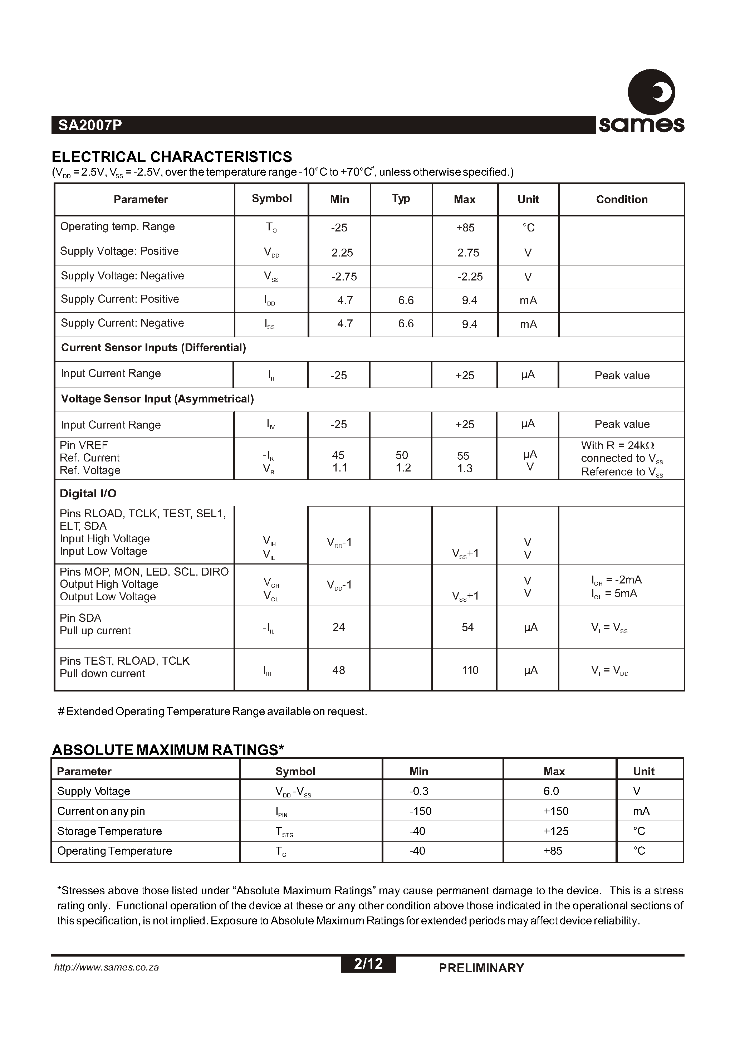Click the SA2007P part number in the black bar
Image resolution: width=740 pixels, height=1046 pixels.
point(90,125)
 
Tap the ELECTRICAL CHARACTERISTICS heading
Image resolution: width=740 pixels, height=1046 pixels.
point(172,157)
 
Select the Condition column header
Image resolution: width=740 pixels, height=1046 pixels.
point(622,199)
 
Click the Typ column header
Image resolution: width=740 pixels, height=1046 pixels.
point(401,198)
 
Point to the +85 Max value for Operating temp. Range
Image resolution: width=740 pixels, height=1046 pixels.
point(465,228)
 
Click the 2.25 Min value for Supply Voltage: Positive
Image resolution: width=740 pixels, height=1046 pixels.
point(342,253)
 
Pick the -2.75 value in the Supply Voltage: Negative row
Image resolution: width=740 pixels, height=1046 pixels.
point(344,277)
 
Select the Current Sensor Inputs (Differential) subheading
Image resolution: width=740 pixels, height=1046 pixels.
point(153,348)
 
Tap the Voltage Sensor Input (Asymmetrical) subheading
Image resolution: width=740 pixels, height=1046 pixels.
point(157,399)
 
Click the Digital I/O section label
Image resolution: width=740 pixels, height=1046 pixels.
point(88,494)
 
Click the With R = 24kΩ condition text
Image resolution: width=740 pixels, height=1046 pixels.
point(617,445)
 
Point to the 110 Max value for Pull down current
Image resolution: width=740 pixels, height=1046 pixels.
point(470,670)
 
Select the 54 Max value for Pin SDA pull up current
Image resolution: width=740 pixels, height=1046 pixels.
point(467,627)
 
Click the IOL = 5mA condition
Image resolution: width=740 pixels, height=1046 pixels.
point(614,593)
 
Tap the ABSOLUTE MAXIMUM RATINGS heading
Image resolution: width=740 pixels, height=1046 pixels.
point(168,750)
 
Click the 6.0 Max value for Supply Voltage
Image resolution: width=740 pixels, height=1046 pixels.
point(551,791)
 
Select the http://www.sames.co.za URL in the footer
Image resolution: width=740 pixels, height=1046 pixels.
point(106,967)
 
